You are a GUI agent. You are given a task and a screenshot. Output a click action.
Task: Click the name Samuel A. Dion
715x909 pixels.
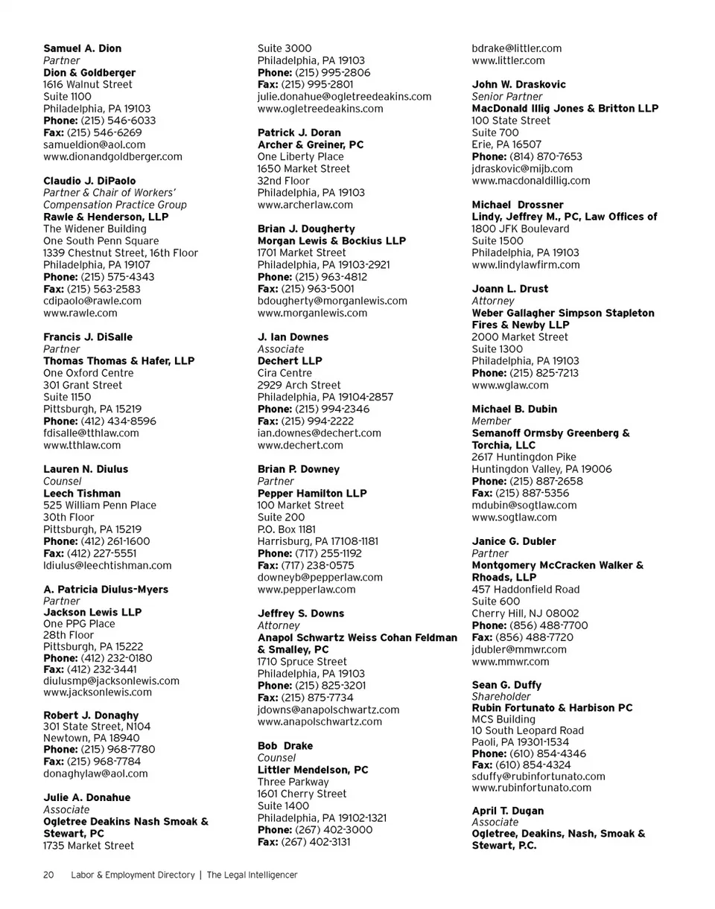coord(82,48)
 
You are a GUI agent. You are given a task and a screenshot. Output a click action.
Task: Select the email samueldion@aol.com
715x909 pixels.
coord(95,144)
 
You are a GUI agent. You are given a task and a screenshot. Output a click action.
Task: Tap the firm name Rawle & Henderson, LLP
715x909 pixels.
coord(106,217)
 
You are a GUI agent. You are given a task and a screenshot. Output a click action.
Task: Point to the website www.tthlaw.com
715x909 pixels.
coord(82,445)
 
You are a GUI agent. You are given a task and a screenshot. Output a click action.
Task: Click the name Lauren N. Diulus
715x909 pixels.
coord(86,469)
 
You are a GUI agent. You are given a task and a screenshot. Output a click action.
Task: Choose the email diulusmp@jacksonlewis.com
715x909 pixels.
coord(112,680)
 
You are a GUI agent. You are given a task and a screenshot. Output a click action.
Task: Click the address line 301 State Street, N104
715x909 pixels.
coord(97,726)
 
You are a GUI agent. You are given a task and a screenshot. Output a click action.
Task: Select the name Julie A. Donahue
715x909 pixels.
coord(87,797)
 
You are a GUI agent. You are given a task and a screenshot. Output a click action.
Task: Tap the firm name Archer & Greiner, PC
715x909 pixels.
coord(311,144)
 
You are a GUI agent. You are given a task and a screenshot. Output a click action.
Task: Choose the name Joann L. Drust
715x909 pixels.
coord(510,288)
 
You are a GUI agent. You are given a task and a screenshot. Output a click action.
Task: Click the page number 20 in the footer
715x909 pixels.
coord(49,876)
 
